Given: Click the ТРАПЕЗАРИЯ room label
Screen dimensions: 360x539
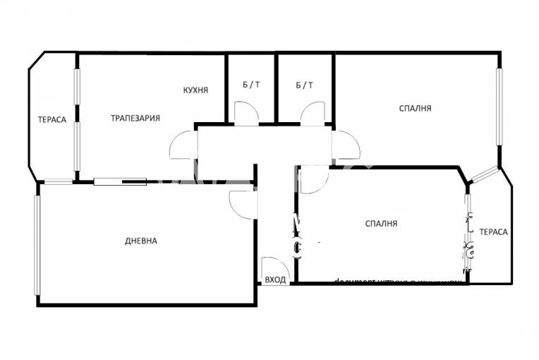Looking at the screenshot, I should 135,118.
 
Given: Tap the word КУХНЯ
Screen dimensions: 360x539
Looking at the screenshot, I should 195,90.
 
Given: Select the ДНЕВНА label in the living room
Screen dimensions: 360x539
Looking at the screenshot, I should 141,241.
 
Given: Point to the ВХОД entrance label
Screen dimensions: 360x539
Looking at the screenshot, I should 275,280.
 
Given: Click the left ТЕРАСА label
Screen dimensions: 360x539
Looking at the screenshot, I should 52,119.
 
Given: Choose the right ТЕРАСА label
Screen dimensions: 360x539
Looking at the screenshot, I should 494,232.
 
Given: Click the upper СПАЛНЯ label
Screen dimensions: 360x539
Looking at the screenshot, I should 415,108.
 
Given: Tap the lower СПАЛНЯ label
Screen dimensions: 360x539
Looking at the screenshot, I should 381,224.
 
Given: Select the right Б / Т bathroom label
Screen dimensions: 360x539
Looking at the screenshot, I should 305,85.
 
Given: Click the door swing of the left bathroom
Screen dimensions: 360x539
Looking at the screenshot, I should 246,114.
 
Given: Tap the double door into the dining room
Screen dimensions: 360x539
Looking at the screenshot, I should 182,145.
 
